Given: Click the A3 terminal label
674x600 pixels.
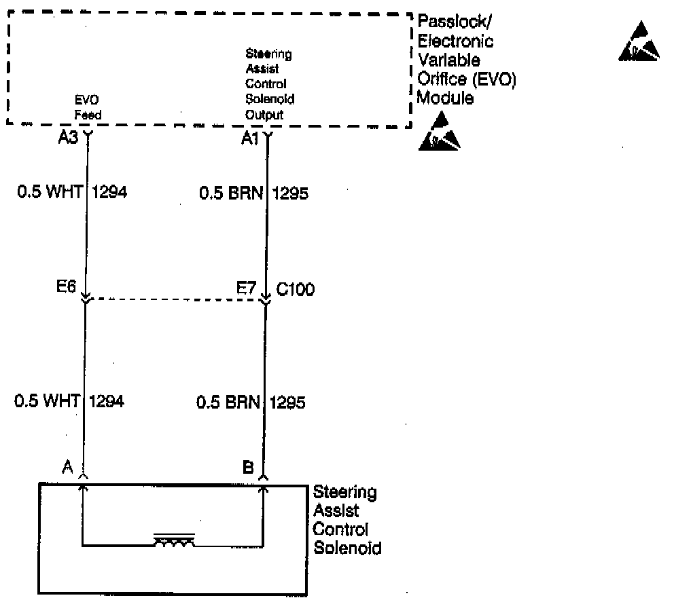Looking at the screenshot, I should click(x=69, y=138).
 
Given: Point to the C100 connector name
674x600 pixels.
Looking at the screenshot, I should click(x=295, y=290).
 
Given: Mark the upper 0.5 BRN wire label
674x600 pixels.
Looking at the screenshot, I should click(x=230, y=194).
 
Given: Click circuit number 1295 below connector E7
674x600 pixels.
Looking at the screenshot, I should click(x=287, y=402).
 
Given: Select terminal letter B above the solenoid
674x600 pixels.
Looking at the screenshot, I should click(x=248, y=467).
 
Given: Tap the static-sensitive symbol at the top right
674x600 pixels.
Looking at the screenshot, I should click(x=639, y=42).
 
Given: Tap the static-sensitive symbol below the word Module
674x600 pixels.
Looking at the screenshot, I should click(x=439, y=132).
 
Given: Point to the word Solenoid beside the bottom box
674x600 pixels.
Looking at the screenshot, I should click(x=347, y=547).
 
